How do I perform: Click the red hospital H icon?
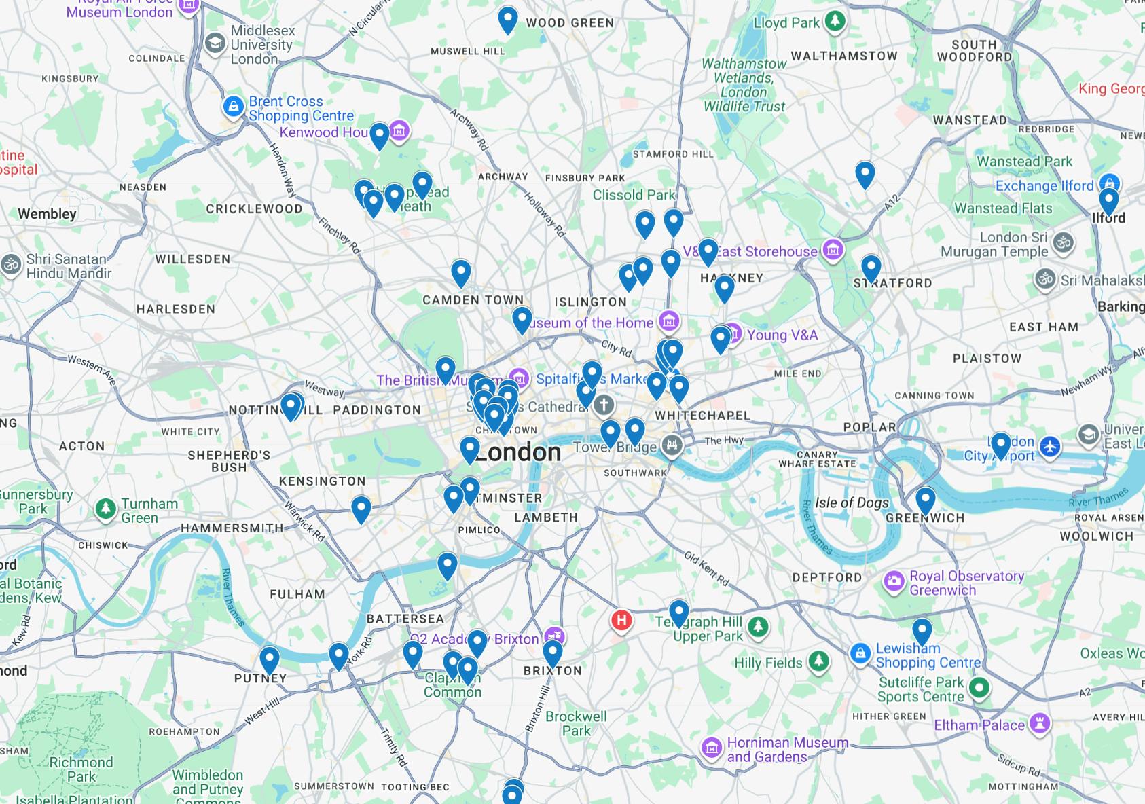[x=621, y=620]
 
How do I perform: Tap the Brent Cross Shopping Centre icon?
[x=233, y=107]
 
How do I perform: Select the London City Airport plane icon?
[x=1050, y=447]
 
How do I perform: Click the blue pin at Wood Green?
[x=507, y=19]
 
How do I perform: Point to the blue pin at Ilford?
[x=1108, y=201]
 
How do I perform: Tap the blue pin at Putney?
[x=270, y=659]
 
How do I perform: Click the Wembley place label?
[x=47, y=214]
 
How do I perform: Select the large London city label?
[x=517, y=452]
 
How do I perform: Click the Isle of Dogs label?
[x=852, y=502]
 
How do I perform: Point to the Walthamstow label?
[x=844, y=56]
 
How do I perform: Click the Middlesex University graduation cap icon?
[x=215, y=43]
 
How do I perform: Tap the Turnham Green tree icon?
[x=105, y=508]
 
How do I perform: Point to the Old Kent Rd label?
[x=706, y=569]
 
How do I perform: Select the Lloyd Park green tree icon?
[x=835, y=22]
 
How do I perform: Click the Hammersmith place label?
[x=232, y=528]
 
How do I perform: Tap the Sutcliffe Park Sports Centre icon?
[x=979, y=688]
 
